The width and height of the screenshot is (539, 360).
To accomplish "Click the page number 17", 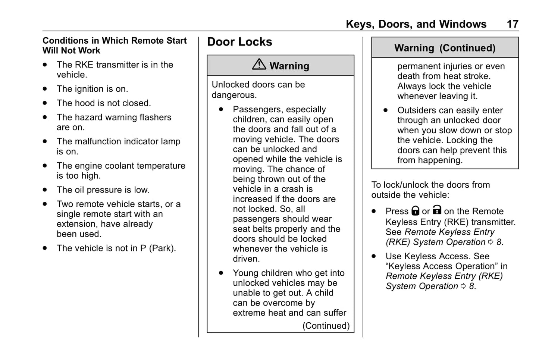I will point(513,24).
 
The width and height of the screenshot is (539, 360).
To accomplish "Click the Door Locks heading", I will point(239,42).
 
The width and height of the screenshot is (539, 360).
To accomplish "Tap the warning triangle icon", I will point(259,65).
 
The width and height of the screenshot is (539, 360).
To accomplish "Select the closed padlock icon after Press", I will point(415,211).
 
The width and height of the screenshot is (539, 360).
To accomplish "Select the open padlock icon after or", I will point(437,210).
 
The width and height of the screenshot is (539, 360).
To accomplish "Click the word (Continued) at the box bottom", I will point(326,326).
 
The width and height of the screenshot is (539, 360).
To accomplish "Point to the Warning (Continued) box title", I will point(445,48).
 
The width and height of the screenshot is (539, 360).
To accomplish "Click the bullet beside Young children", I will point(221,273).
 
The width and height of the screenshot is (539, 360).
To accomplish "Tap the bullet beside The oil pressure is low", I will point(45,190).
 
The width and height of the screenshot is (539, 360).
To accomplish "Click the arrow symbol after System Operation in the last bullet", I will point(463,286).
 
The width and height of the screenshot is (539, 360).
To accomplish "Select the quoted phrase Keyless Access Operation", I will point(440,266).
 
